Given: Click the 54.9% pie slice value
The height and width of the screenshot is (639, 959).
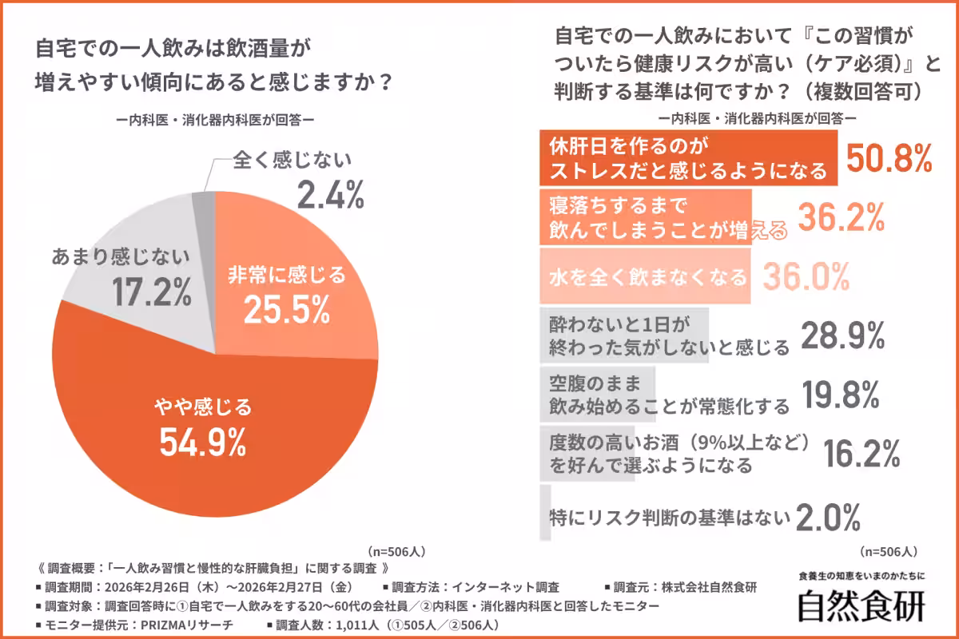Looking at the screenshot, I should point(202,442).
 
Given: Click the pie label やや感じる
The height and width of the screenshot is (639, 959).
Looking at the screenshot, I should point(202,407).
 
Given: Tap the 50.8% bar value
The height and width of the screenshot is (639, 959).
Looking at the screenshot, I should point(889,160).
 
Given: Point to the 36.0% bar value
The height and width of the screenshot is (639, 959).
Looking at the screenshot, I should point(805,277).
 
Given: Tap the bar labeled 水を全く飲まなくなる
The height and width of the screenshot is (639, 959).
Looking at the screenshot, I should point(646,277).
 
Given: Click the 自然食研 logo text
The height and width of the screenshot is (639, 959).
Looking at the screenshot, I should point(862,605).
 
